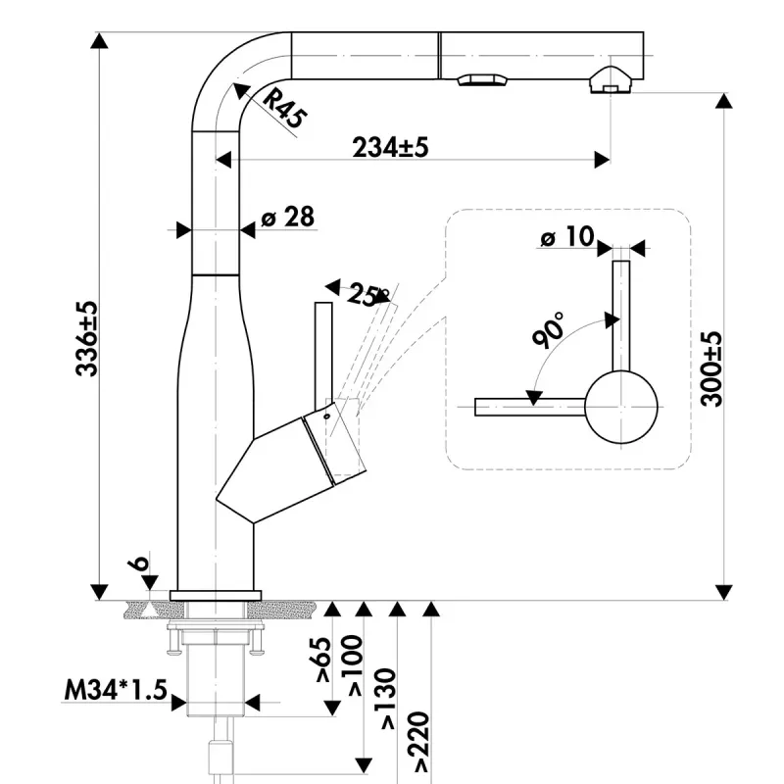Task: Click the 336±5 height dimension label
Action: (88, 339)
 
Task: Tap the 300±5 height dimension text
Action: (712, 367)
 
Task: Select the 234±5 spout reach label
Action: (391, 147)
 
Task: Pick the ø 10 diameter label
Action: (567, 236)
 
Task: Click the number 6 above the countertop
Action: (141, 564)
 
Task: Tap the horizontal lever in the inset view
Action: (529, 406)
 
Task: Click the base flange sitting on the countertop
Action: (216, 595)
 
